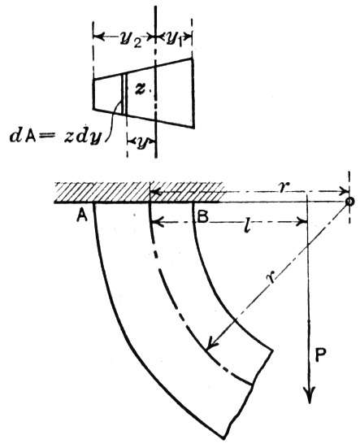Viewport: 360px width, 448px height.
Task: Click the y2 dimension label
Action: pos(130,40)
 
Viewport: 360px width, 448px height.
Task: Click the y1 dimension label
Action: pos(174,38)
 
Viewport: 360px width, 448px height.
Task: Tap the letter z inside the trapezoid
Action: pos(141,89)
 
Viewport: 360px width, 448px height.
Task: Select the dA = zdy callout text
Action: pos(56,137)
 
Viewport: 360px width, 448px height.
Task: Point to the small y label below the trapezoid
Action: pos(141,144)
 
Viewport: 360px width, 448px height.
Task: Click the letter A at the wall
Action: pos(82,217)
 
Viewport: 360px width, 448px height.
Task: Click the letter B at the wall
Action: pos(203,217)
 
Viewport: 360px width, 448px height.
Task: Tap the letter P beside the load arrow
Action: pos(321,356)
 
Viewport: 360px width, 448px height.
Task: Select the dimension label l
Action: pos(246,225)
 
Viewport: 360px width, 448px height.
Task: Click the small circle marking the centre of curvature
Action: pos(349,201)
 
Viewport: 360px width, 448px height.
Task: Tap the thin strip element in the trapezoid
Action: pos(124,94)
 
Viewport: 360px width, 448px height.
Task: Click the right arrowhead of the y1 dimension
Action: pos(188,37)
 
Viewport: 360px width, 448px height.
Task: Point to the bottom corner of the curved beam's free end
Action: pos(223,439)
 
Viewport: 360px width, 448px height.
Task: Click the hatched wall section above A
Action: pos(102,192)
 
